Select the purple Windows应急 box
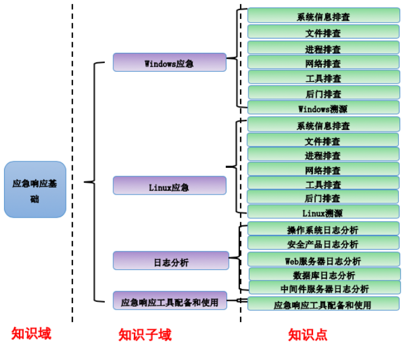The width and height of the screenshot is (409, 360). tap(170, 62)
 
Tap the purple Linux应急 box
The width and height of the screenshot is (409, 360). tap(170, 186)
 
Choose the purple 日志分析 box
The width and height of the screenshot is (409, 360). tap(171, 260)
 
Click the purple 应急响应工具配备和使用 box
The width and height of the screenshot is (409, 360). tap(170, 301)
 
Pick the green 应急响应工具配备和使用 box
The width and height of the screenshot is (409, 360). tap(323, 304)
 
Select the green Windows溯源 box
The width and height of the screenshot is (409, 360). tap(323, 108)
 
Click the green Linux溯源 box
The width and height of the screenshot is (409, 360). tap(323, 212)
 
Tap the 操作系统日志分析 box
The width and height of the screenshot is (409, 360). tap(323, 229)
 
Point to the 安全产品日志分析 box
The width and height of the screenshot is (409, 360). tap(323, 243)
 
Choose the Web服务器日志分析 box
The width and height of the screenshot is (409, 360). tap(323, 260)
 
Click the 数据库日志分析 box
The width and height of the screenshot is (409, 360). tap(324, 275)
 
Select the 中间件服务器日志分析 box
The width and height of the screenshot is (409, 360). tap(324, 288)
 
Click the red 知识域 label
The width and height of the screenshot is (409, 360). tap(31, 334)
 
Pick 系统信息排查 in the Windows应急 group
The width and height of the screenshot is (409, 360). tap(323, 16)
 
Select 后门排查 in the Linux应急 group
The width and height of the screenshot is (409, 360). tap(323, 197)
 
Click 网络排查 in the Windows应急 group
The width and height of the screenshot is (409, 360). tap(323, 62)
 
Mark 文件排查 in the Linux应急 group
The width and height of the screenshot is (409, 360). tap(323, 141)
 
